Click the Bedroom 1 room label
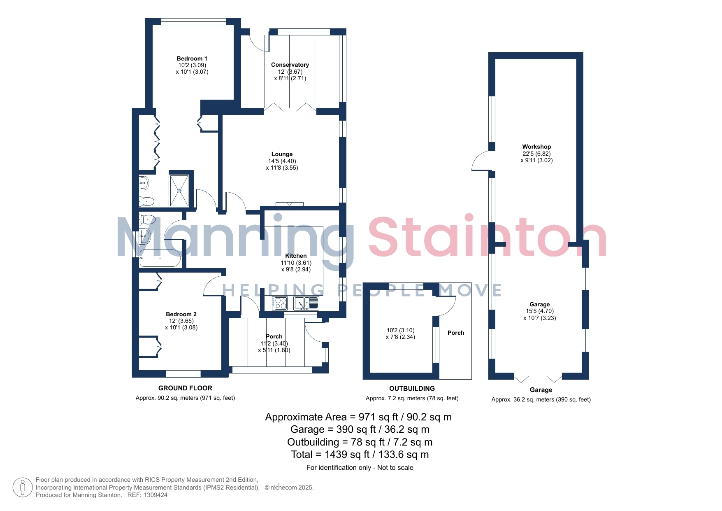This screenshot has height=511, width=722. click(192, 58)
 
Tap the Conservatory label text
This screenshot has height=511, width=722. click(290, 65)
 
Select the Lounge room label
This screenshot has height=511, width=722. click(282, 154)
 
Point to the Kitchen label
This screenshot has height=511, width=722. click(296, 256)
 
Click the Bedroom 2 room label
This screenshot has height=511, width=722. click(181, 314)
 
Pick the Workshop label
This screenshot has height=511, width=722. click(536, 147)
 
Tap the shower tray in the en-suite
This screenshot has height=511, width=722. click(179, 191)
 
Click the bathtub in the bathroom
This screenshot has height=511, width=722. click(160, 258)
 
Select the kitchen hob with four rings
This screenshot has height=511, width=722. click(280, 303)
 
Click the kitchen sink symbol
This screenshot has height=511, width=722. click(306, 303)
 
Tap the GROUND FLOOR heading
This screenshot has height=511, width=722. click(185, 388)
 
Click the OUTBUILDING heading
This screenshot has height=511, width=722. click(412, 388)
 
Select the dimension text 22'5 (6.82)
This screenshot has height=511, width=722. click(536, 154)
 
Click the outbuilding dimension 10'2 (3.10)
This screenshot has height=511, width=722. click(400, 330)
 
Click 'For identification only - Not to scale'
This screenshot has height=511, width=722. click(360, 467)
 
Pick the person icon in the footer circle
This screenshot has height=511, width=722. click(23, 488)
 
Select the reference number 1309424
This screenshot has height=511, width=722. click(156, 495)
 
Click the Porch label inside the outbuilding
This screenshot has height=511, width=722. click(456, 333)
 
